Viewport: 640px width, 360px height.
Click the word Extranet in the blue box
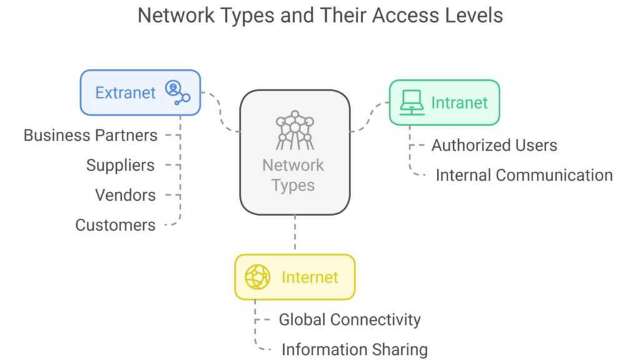pyautogui.click(x=125, y=93)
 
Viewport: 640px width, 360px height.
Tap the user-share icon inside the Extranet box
pyautogui.click(x=177, y=92)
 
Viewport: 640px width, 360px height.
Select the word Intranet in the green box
pyautogui.click(x=459, y=102)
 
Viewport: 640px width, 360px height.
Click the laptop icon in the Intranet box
pyautogui.click(x=412, y=102)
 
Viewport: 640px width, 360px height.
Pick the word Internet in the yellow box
pyautogui.click(x=309, y=277)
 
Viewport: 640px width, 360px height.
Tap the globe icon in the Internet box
pyautogui.click(x=257, y=277)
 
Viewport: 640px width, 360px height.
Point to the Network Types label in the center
pyautogui.click(x=293, y=176)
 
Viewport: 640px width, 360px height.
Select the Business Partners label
pyautogui.click(x=91, y=135)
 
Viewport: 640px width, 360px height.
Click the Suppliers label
pyautogui.click(x=120, y=165)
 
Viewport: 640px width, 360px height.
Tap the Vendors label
pyautogui.click(x=125, y=195)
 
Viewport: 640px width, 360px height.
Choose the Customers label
pyautogui.click(x=116, y=225)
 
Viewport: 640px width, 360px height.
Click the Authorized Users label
pyautogui.click(x=494, y=146)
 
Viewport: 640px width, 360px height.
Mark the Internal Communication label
pyautogui.click(x=524, y=175)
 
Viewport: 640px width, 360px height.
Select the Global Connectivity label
pyautogui.click(x=349, y=320)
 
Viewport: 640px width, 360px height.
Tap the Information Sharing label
pyautogui.click(x=354, y=349)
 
